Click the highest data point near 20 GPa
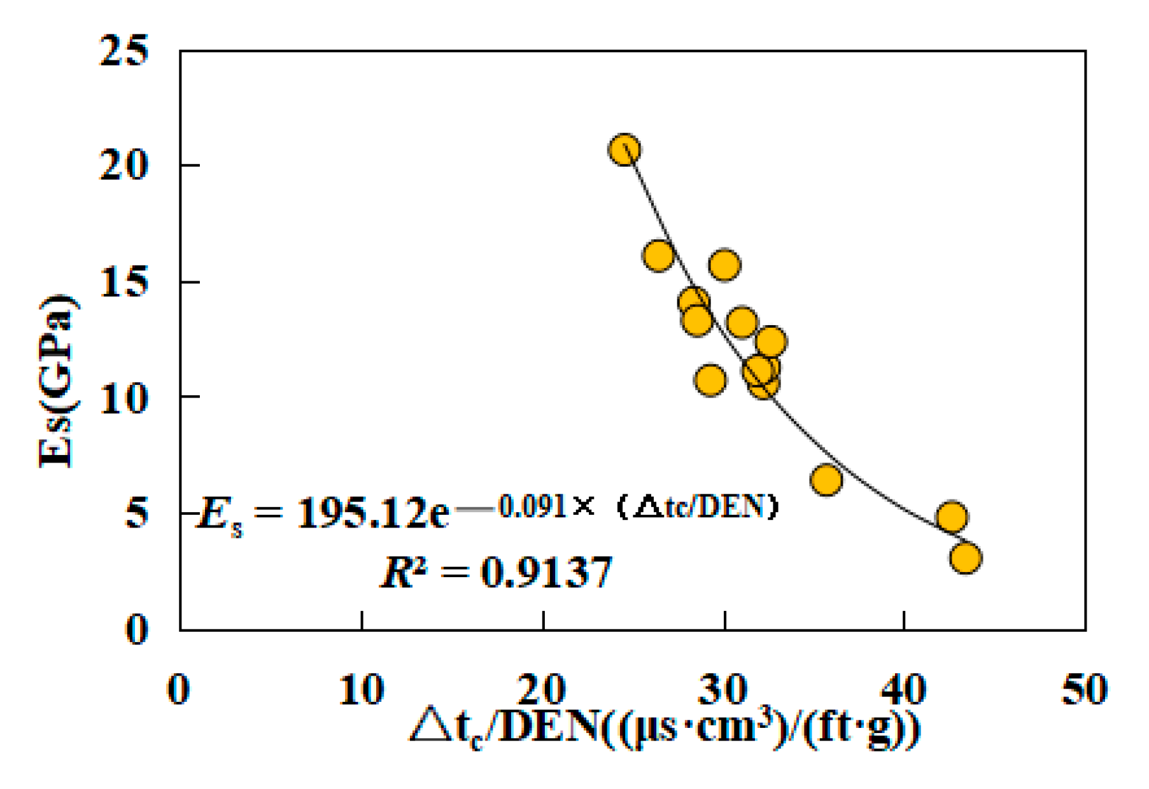tap(624, 150)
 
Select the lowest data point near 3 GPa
tap(965, 558)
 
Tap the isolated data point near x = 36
tap(826, 479)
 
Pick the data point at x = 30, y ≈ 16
tap(724, 265)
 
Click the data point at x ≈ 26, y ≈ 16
tap(658, 256)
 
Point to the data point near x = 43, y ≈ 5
tap(952, 517)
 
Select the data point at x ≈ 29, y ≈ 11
tap(710, 381)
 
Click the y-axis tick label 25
tap(124, 50)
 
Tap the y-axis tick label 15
tap(124, 282)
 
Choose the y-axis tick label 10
tap(124, 399)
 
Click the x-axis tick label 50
tap(1084, 690)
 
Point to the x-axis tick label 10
tap(361, 690)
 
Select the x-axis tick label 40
tap(903, 690)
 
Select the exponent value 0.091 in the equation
tap(532, 507)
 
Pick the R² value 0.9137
tap(546, 572)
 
